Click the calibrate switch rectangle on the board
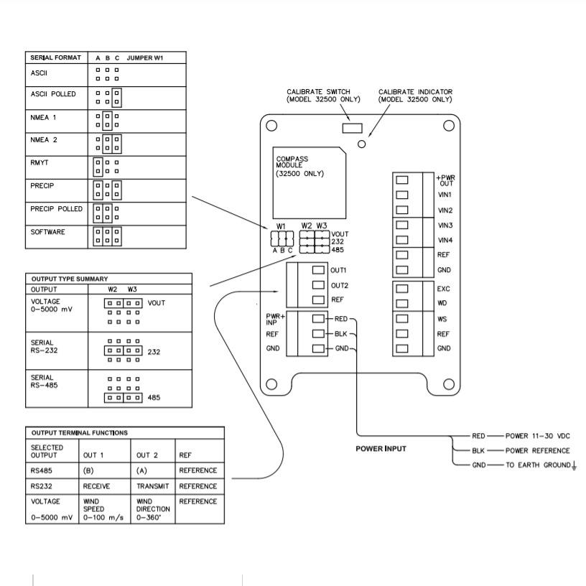(352, 128)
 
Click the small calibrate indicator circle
(361, 144)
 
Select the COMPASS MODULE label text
(292, 162)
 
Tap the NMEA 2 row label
(44, 140)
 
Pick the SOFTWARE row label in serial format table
(47, 232)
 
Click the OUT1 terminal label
(338, 270)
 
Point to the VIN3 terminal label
(445, 225)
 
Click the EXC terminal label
(443, 289)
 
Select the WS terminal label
(442, 319)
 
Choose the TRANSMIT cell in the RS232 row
(152, 486)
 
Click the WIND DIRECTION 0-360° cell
(153, 509)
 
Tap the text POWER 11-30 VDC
(537, 436)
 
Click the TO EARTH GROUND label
(538, 465)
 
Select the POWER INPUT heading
(381, 448)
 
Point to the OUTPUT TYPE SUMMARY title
(70, 279)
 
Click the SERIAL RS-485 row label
(44, 381)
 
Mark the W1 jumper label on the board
(281, 226)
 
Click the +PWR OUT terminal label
(445, 180)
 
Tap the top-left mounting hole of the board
(271, 126)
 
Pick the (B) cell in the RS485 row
(88, 470)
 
